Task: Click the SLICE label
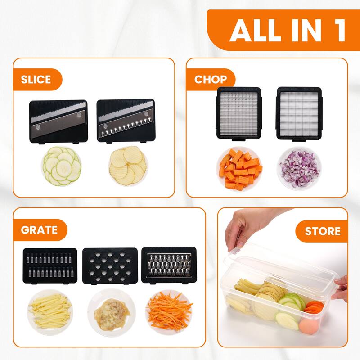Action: coord(36,80)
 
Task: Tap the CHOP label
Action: coord(211,80)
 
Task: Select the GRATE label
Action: coord(39,230)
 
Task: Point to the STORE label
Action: coord(323,231)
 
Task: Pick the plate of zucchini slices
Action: coord(62,166)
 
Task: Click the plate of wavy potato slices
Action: coord(128,166)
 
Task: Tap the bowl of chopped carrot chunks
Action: coord(239,169)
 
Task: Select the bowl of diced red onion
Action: coord(299,169)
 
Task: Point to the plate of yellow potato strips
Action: coord(50,312)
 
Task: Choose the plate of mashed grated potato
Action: coord(112,313)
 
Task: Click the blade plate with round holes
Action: coord(110,266)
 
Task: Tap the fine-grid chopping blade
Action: coord(239,114)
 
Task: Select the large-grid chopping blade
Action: coord(299,114)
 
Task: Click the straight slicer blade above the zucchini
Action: coord(58,121)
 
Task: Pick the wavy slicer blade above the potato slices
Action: coord(126,121)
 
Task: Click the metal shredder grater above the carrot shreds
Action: coord(169,265)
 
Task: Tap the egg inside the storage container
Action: coord(309,326)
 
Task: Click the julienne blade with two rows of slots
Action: coord(50,266)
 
